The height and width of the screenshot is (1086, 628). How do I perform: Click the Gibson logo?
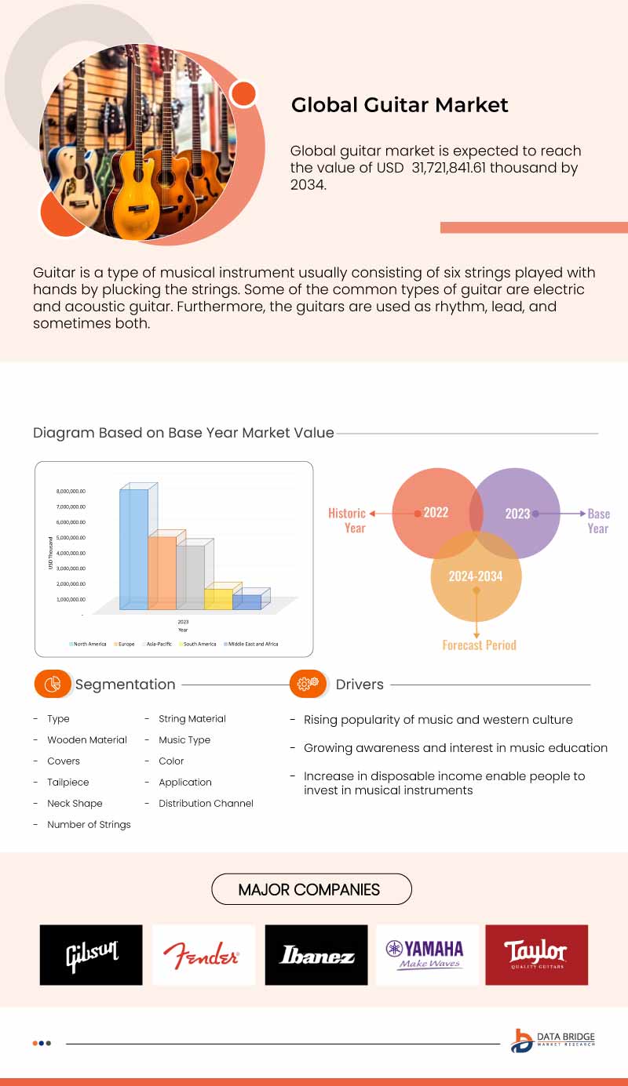91,954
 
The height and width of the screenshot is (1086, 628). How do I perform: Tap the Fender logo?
203,954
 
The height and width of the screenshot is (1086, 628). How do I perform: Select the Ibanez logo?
316,954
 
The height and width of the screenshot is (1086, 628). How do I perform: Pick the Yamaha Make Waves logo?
428,954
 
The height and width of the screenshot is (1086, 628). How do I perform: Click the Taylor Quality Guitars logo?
536,954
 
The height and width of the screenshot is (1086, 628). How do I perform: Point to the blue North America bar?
133,549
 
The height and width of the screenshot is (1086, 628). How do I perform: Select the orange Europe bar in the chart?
162,572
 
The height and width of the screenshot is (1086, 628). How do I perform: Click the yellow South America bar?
218,599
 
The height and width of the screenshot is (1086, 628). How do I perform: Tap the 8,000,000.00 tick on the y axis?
71,492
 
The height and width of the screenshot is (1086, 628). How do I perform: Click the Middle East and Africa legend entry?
251,644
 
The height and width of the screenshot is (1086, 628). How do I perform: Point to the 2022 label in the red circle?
436,513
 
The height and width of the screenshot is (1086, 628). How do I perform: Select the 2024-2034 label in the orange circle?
476,576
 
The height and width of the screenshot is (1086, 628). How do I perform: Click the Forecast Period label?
479,645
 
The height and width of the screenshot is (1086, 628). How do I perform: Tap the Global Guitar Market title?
400,105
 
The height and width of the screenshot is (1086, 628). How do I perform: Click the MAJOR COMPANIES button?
312,889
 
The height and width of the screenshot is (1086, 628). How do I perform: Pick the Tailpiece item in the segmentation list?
68,782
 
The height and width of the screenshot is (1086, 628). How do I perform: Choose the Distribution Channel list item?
206,803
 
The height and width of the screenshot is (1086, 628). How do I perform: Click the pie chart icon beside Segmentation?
53,684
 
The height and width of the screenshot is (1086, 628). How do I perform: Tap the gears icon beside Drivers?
308,684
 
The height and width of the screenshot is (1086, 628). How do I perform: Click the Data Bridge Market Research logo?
553,1040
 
